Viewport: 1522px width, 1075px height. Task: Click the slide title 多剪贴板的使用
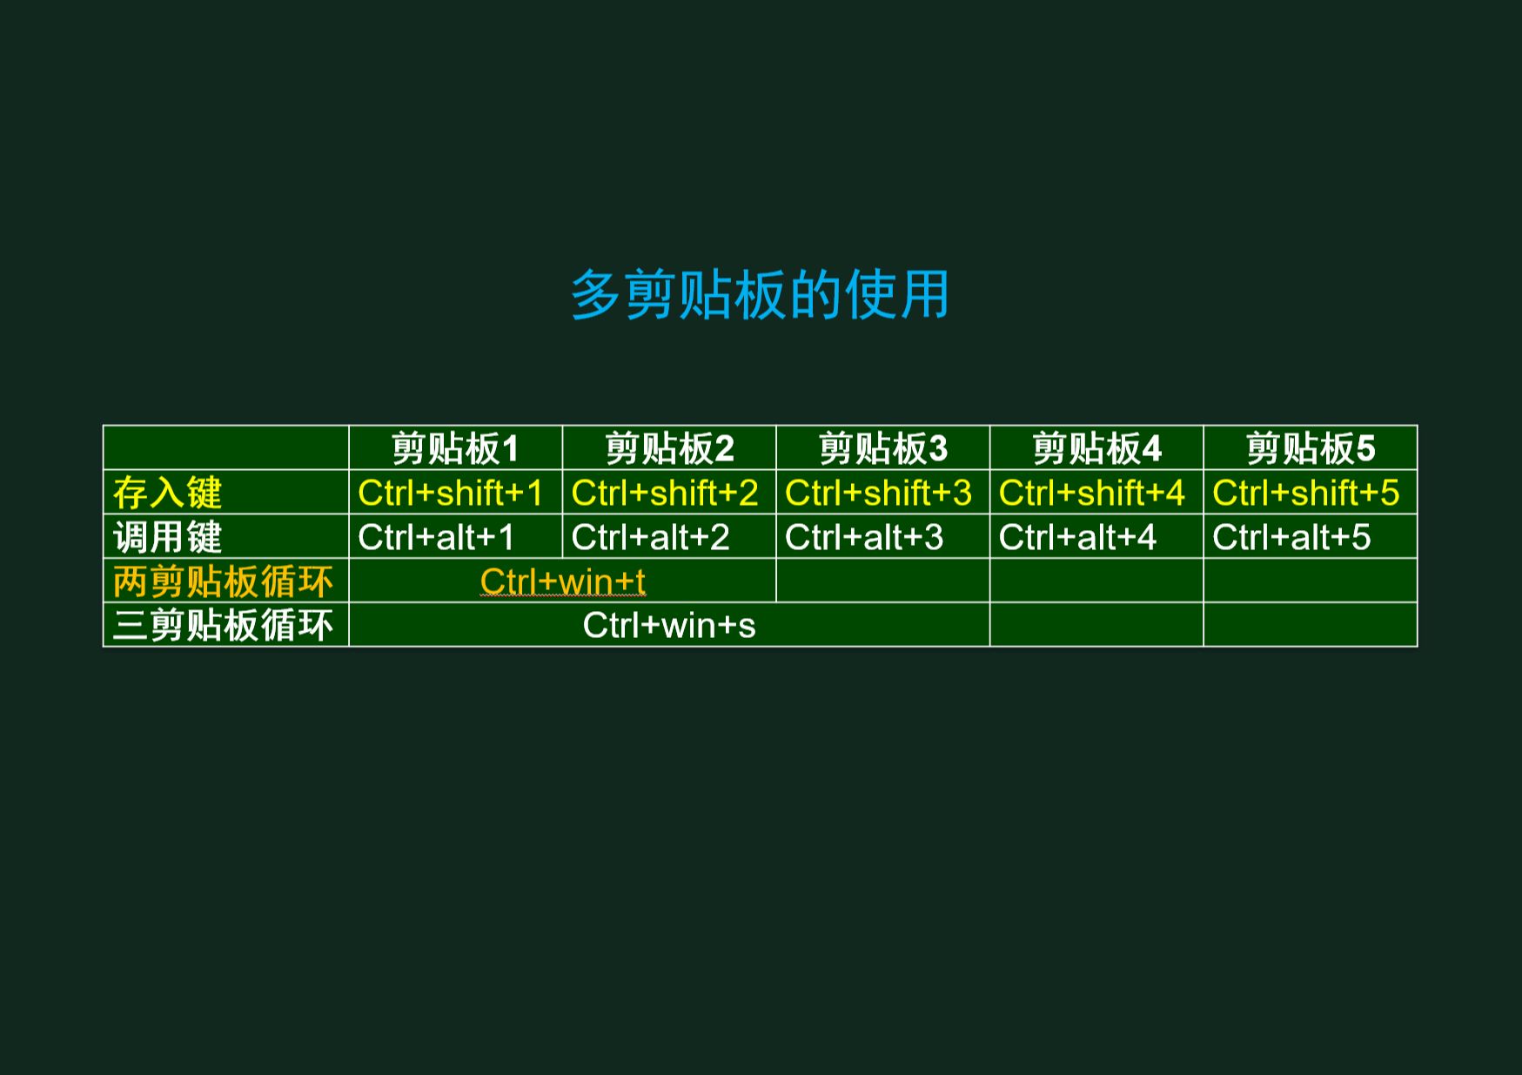coord(760,294)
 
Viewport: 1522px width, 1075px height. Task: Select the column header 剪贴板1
coord(455,448)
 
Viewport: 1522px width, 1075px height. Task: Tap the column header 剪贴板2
coord(669,448)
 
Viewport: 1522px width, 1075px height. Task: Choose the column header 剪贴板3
coord(883,448)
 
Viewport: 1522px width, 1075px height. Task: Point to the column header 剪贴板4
coord(1096,448)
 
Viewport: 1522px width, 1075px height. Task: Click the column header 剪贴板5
coord(1311,448)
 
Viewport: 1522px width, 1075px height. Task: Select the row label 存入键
coord(167,493)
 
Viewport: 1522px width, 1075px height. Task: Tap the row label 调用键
coord(167,537)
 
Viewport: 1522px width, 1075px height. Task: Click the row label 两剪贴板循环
coord(223,581)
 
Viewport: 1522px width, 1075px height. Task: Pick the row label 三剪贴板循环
coord(223,625)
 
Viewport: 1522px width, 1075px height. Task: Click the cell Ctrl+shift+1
coord(450,493)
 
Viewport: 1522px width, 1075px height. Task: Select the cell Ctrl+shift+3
coord(878,493)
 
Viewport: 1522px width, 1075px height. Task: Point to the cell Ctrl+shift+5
coord(1305,493)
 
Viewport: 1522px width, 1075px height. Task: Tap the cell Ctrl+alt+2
coord(650,537)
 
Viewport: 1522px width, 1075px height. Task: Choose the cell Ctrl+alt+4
coord(1077,537)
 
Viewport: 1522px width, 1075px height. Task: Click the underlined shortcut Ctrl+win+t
coord(563,581)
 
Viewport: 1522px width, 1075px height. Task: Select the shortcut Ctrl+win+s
coord(669,625)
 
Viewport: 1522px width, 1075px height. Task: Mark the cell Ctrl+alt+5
coord(1291,537)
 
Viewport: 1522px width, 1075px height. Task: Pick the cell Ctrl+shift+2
coord(665,493)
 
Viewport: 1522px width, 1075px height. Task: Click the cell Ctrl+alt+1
coord(436,537)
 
